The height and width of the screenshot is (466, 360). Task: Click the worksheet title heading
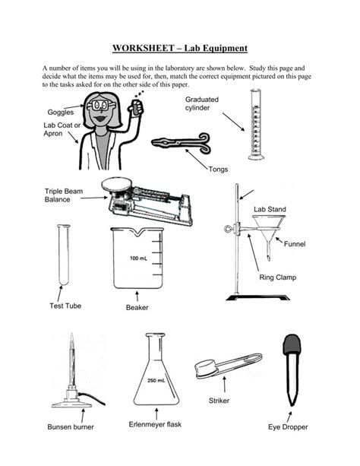tap(180, 48)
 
